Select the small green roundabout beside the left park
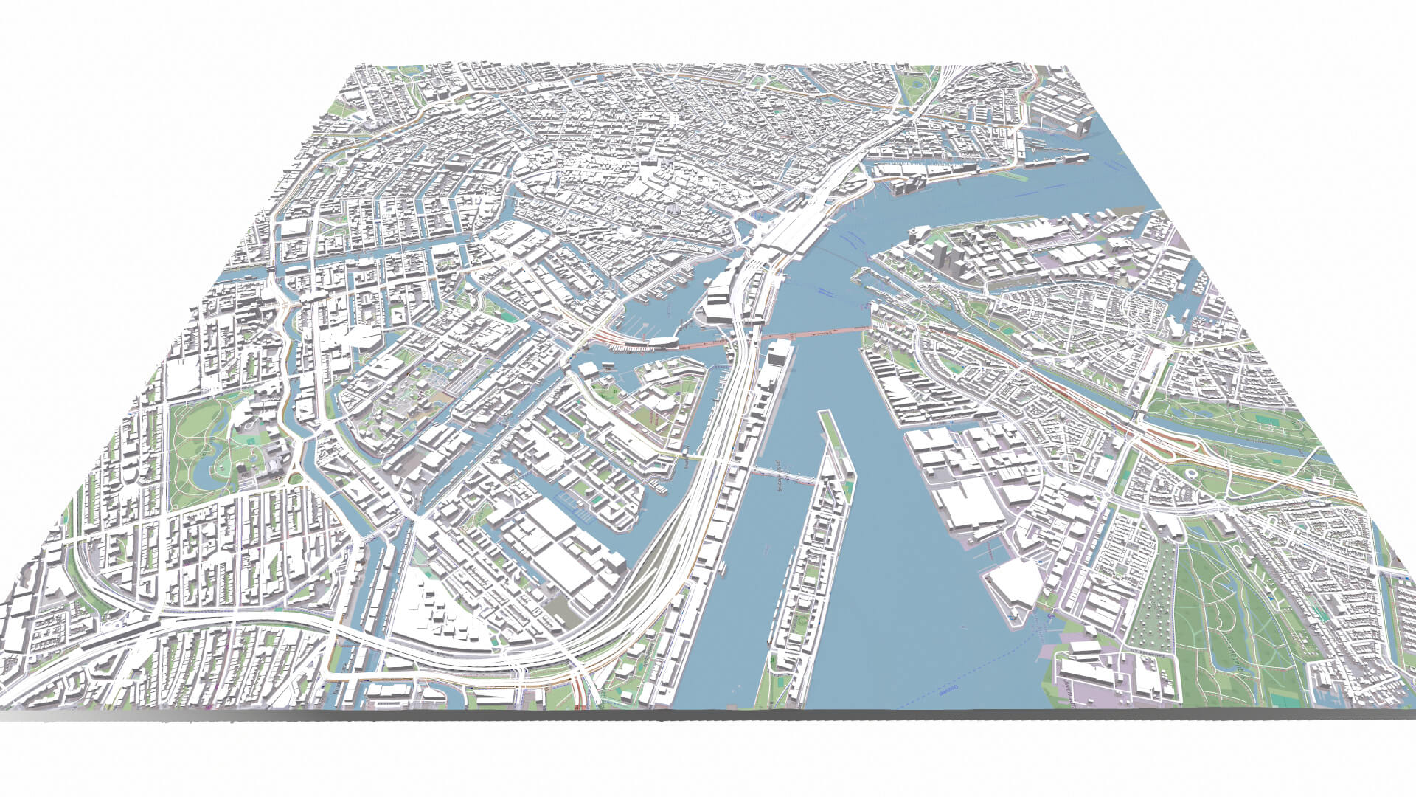coord(297,479)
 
